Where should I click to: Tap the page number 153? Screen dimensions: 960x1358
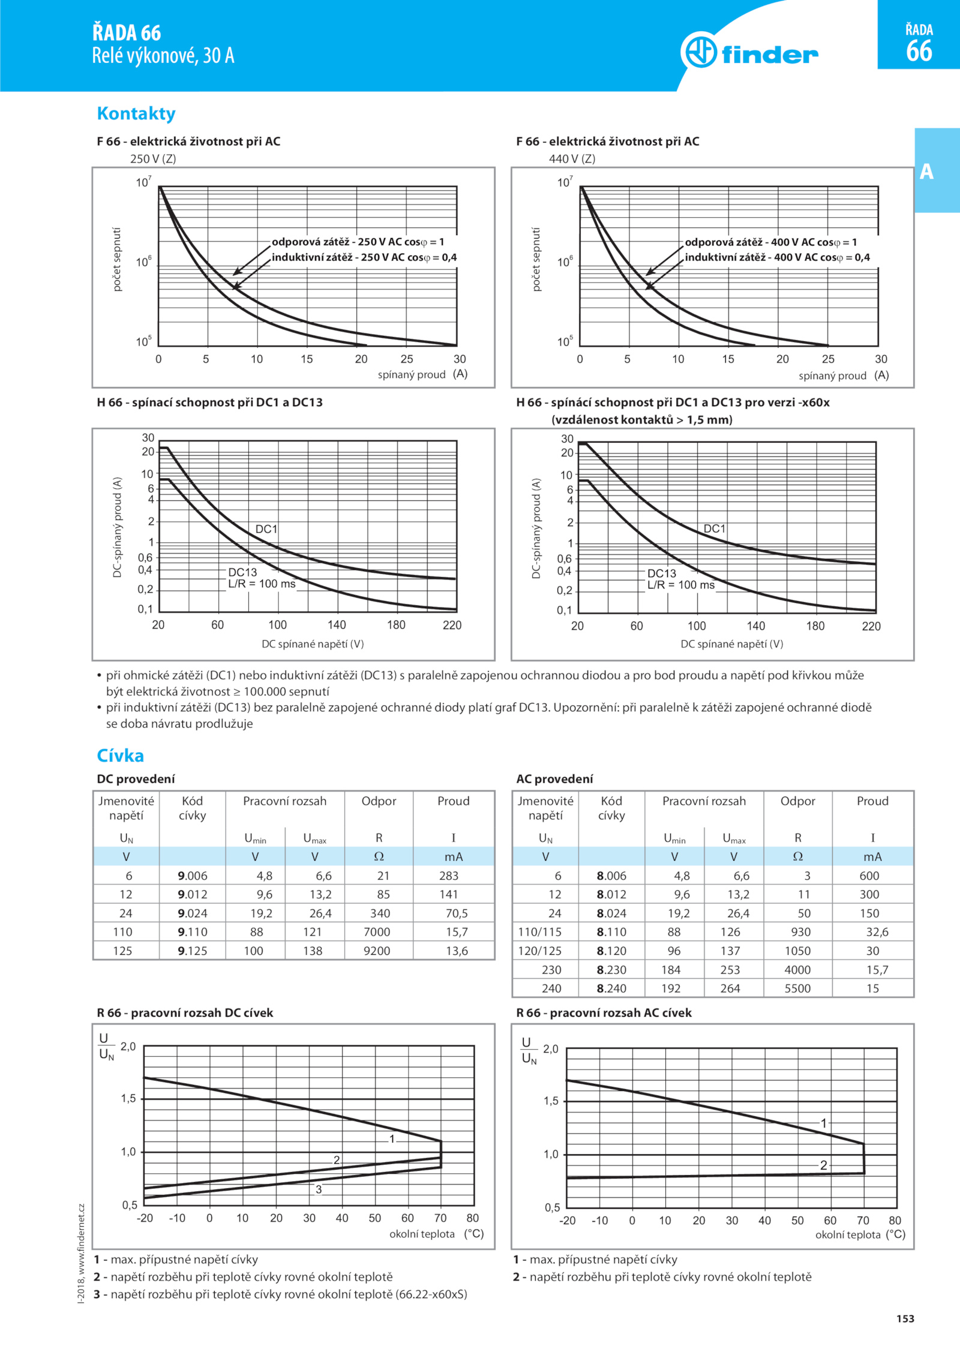pyautogui.click(x=905, y=1318)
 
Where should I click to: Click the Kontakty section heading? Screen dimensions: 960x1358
pyautogui.click(x=136, y=113)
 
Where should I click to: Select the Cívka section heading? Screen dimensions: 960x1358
pyautogui.click(x=120, y=755)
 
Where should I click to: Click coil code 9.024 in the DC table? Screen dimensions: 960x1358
pyautogui.click(x=192, y=913)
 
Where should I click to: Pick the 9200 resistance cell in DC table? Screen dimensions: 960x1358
pyautogui.click(x=377, y=951)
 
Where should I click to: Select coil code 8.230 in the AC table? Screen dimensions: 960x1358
pyautogui.click(x=611, y=969)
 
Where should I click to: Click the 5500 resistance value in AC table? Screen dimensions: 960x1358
pyautogui.click(x=797, y=988)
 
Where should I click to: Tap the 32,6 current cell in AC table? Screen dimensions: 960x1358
pyautogui.click(x=877, y=932)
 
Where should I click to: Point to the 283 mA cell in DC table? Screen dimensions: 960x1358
pyautogui.click(x=449, y=876)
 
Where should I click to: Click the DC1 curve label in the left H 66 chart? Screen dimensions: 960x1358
pyautogui.click(x=266, y=529)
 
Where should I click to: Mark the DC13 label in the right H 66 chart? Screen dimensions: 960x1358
pyautogui.click(x=662, y=573)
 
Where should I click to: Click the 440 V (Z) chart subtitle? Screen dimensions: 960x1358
pyautogui.click(x=572, y=159)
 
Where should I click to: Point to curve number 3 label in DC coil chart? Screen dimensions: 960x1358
pyautogui.click(x=319, y=1189)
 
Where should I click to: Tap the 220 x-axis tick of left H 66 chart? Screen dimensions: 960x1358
pyautogui.click(x=452, y=625)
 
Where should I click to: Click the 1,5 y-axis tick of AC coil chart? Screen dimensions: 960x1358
pyautogui.click(x=551, y=1101)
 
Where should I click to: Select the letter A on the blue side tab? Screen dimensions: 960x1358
pyautogui.click(x=927, y=172)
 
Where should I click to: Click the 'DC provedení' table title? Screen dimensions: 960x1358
pyautogui.click(x=136, y=779)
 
